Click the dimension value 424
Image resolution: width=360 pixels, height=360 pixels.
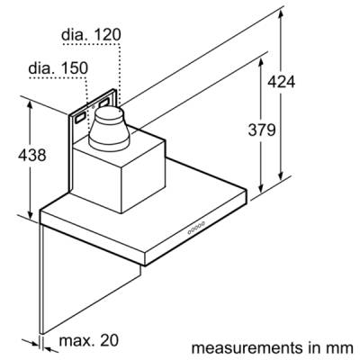[x=281, y=82]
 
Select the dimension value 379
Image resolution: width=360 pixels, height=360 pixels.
[x=262, y=130]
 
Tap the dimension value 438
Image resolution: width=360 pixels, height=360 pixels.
[x=32, y=155]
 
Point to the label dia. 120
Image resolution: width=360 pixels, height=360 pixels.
[x=91, y=35]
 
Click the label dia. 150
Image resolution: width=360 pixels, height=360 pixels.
[x=58, y=68]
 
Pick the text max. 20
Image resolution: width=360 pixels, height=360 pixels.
[x=89, y=340]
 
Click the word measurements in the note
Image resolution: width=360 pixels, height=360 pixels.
[x=247, y=348]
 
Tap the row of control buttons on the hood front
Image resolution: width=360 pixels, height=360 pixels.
[x=196, y=228]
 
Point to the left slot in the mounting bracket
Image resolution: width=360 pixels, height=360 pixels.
[x=80, y=118]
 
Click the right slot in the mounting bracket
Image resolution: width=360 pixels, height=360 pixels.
[x=103, y=103]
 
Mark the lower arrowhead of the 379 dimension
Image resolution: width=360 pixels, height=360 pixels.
[x=261, y=188]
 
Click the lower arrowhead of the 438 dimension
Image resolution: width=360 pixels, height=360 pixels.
[x=30, y=214]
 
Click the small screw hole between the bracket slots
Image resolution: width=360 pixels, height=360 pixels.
[x=93, y=107]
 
